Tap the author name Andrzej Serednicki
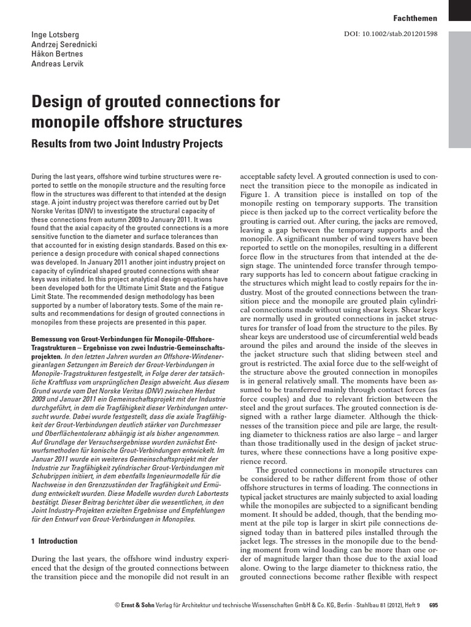tap(64, 45)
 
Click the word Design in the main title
tap(58, 100)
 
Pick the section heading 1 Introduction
tap(54, 541)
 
